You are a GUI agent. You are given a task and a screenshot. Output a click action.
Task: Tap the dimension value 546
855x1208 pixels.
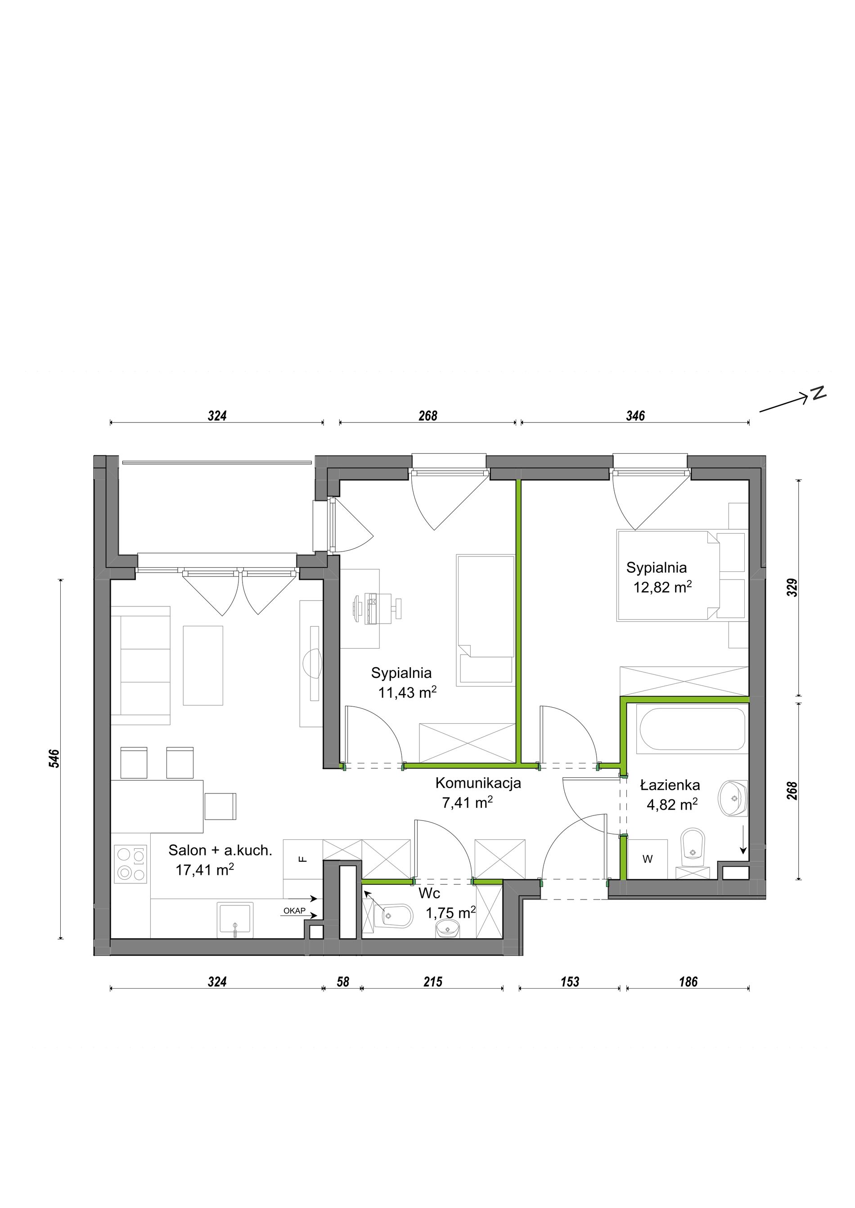coord(55,758)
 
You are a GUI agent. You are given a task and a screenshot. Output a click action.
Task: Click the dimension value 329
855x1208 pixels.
coord(792,588)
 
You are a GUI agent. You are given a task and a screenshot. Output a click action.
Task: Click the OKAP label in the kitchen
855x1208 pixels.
coord(294,911)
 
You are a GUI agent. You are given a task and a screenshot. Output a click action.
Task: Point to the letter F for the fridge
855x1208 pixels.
coord(302,859)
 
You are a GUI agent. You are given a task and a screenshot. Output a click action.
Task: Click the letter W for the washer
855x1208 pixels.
coord(648,859)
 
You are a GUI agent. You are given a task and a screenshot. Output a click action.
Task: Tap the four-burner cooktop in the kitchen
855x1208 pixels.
coord(130,864)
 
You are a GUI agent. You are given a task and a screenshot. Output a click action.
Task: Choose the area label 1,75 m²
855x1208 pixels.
coord(450,913)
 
